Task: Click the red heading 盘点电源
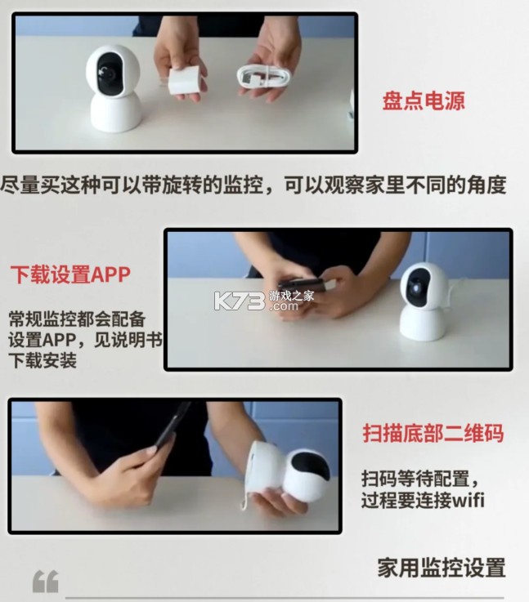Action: (435, 102)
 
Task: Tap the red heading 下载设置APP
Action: (69, 274)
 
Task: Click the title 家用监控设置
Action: (441, 567)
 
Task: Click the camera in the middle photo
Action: (424, 300)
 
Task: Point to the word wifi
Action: (466, 500)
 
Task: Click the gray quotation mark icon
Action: (45, 581)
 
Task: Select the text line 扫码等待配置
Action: (419, 478)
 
